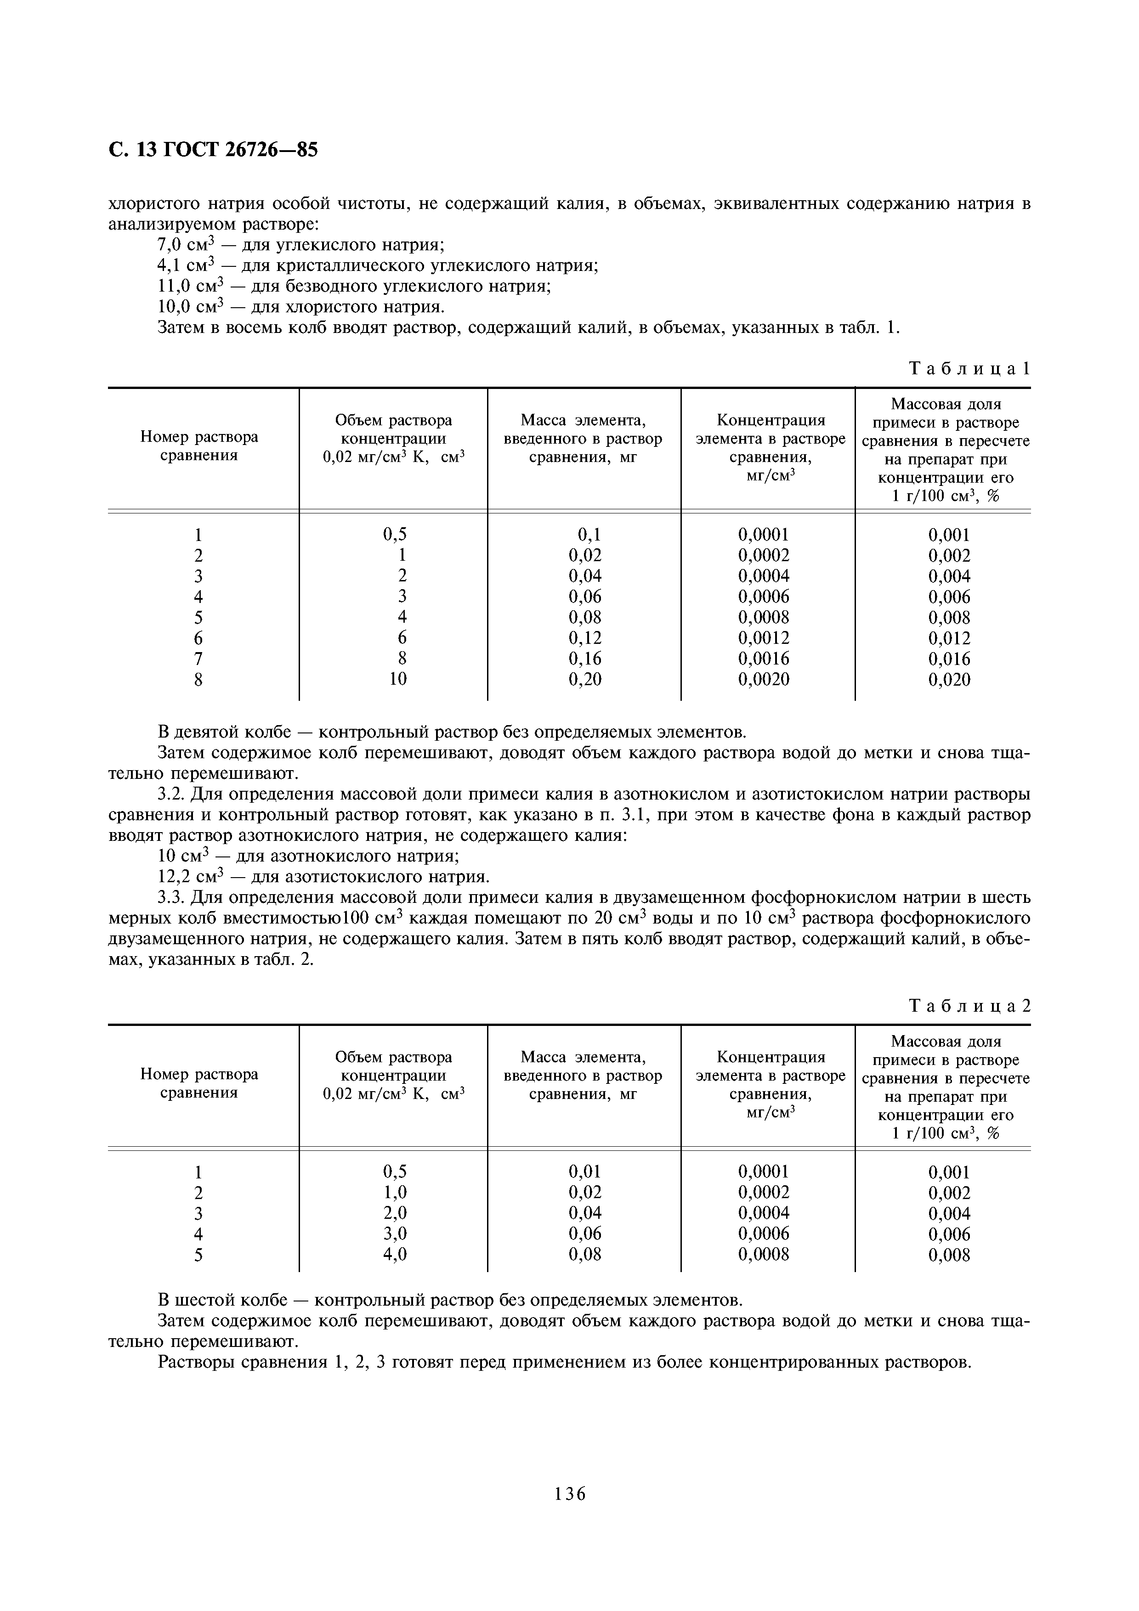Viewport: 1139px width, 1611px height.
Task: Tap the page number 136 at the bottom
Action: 569,1514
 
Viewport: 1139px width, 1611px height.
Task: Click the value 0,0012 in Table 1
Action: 764,638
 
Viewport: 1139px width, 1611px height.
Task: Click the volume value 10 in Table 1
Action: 398,679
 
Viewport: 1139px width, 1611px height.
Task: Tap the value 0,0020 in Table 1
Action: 764,679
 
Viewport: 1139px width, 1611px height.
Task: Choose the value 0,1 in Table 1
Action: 589,535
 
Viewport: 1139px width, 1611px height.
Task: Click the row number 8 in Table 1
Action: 198,679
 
